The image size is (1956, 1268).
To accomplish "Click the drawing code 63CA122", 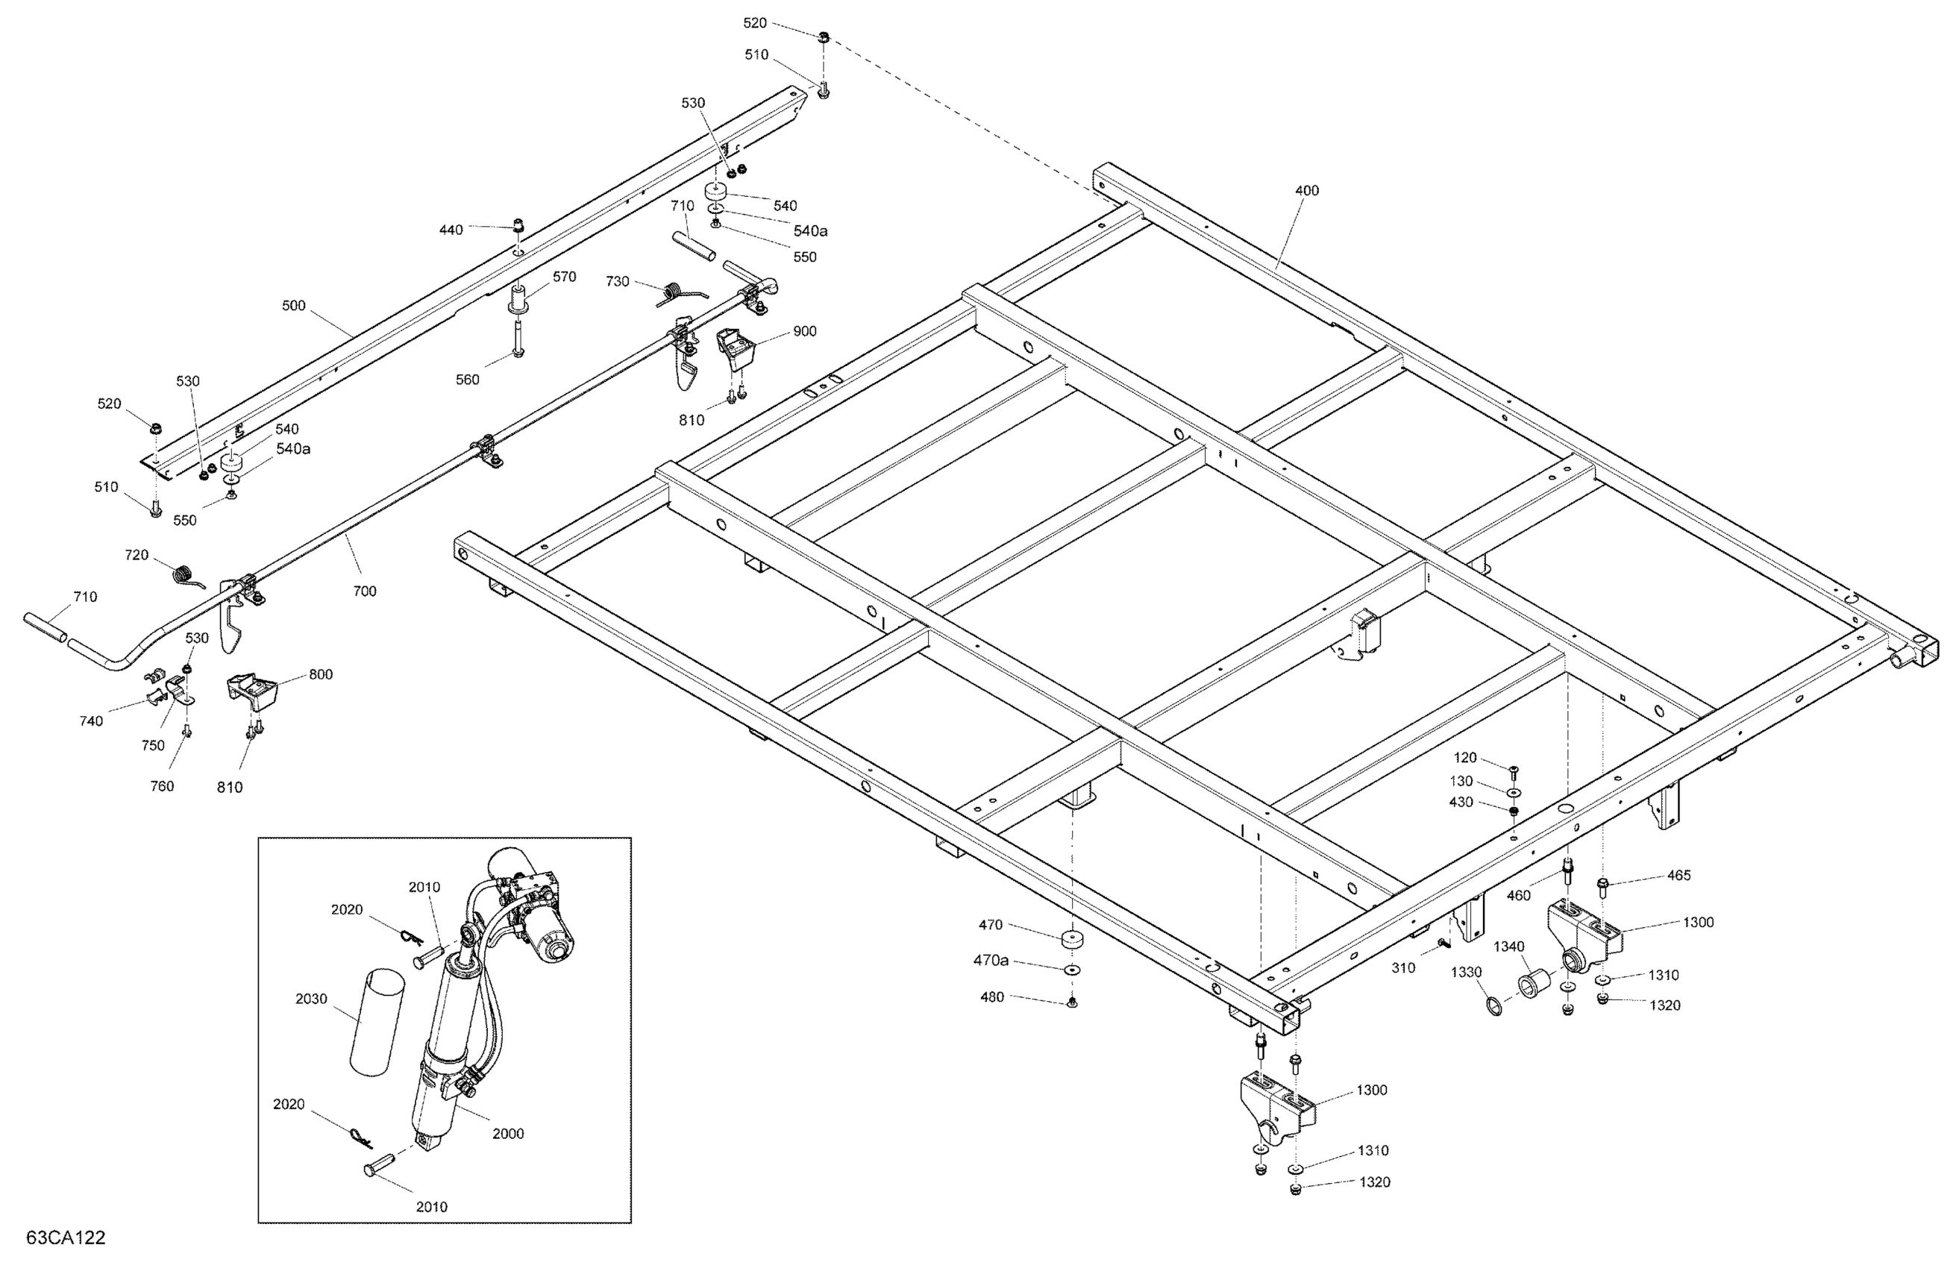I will (x=66, y=1237).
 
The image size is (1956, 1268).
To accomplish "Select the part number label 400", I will (x=1306, y=191).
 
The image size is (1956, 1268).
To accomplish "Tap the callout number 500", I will (x=293, y=306).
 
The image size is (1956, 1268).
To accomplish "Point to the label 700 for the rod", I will (x=364, y=591).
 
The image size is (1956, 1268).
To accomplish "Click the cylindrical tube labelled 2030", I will (x=377, y=1021).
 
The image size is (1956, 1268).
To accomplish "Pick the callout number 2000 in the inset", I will (x=508, y=1133).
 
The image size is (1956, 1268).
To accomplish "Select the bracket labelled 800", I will (x=253, y=694).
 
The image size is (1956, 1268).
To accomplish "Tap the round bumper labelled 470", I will (x=1070, y=939).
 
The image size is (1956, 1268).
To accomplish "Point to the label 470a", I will (x=991, y=960).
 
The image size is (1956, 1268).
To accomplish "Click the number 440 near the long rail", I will (x=451, y=230).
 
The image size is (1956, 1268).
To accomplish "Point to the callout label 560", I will (x=468, y=380).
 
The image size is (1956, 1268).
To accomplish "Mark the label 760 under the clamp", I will (x=162, y=785).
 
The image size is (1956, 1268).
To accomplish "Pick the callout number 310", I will (x=1403, y=968).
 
